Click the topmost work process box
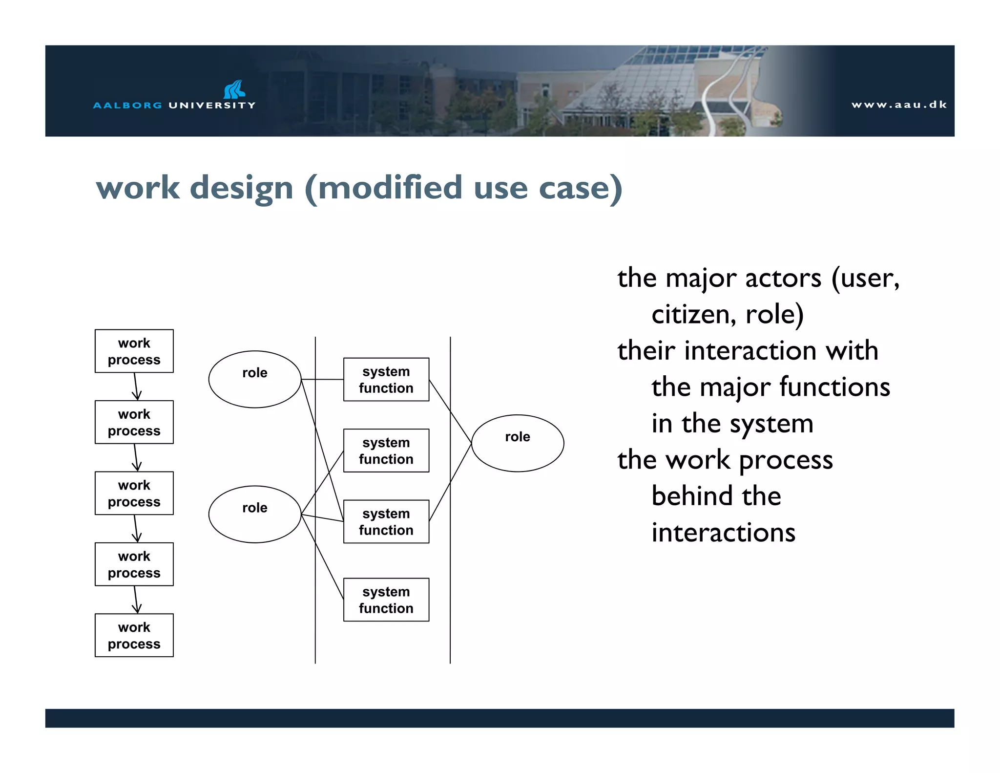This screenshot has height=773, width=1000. pos(134,351)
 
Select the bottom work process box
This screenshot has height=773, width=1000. pos(134,635)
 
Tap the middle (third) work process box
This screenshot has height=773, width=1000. pos(134,493)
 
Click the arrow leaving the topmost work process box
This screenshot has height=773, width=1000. pos(136,386)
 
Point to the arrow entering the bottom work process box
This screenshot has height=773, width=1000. pos(136,600)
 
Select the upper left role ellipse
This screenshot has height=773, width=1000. pos(254,379)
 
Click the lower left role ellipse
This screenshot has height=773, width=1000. pos(254,514)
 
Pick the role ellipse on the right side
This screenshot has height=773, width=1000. pos(517,443)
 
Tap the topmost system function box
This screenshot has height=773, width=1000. pos(386,379)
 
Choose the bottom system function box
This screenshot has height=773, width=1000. pos(386,600)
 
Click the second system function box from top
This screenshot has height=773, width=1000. pos(386,450)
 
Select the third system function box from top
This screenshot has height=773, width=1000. pos(386,521)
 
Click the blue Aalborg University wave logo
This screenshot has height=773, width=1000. pos(234,89)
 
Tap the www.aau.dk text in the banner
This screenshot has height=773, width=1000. pos(898,105)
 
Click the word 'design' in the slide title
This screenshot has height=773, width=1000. pos(241,188)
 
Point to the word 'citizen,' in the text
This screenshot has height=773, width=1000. pos(693,314)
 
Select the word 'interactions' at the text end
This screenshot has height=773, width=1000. pos(723,533)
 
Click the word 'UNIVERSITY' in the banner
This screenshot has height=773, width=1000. pos(212,105)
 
